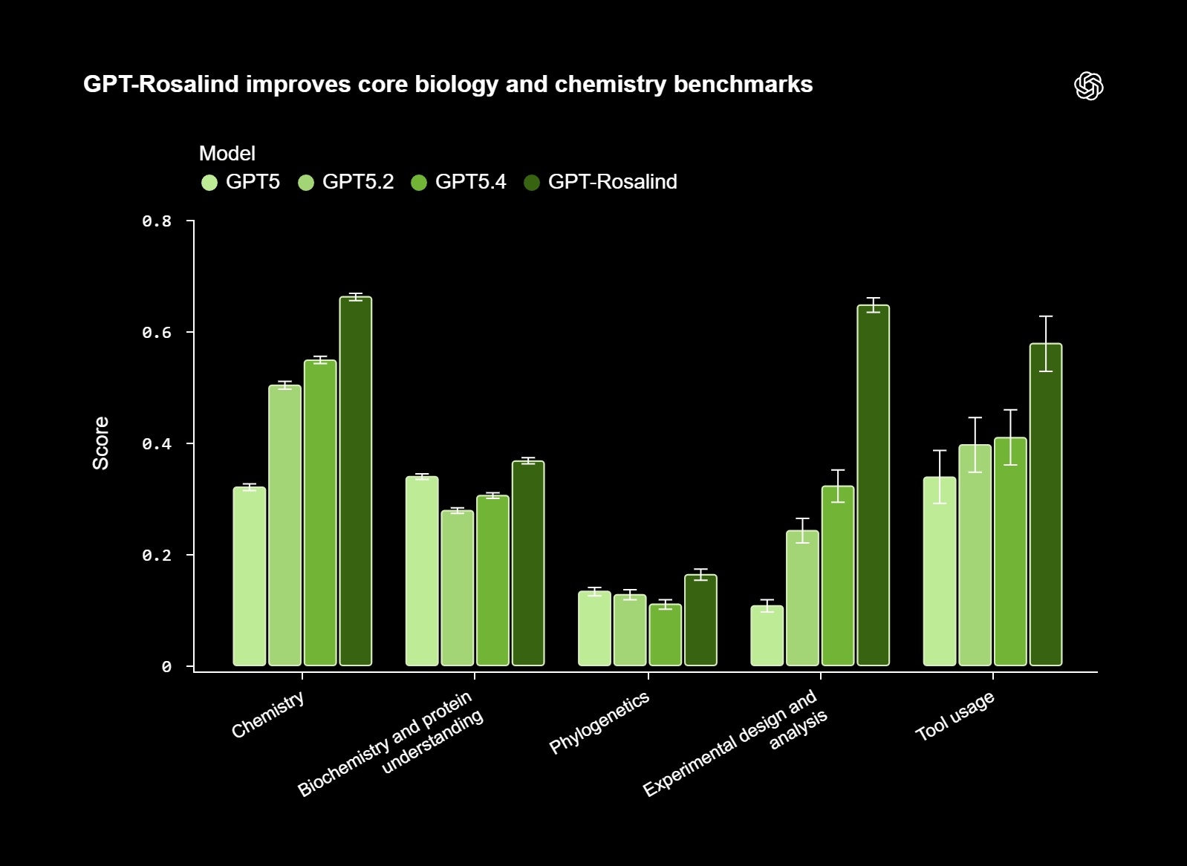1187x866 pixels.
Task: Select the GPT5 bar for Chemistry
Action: [249, 576]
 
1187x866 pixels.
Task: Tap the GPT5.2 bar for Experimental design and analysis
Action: [802, 598]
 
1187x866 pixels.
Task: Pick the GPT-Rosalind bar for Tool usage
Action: [1045, 505]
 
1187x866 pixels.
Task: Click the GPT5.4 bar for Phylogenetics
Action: [665, 635]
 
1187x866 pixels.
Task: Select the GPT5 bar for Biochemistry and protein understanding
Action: [422, 571]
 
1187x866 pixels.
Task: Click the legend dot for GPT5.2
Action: [306, 183]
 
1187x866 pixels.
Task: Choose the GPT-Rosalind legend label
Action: [612, 182]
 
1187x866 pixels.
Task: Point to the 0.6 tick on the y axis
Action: [157, 333]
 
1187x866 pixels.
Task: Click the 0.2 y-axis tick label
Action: [157, 556]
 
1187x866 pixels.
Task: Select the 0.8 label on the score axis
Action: [157, 221]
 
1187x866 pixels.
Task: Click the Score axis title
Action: [101, 443]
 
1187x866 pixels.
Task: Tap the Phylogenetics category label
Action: [599, 722]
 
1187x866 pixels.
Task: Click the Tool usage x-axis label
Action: [955, 716]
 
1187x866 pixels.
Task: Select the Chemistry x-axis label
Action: [267, 715]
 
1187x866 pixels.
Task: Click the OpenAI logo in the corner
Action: [1088, 86]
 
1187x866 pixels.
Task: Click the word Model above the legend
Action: [227, 154]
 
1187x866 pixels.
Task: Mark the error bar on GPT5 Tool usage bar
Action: [940, 476]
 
